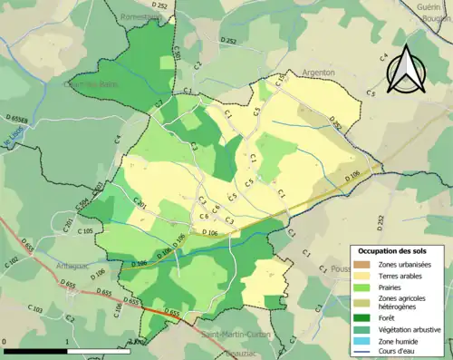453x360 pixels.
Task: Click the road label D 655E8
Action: (18, 119)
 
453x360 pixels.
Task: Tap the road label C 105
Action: (85, 232)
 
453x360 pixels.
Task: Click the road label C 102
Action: (12, 262)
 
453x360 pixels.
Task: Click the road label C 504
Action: (84, 205)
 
